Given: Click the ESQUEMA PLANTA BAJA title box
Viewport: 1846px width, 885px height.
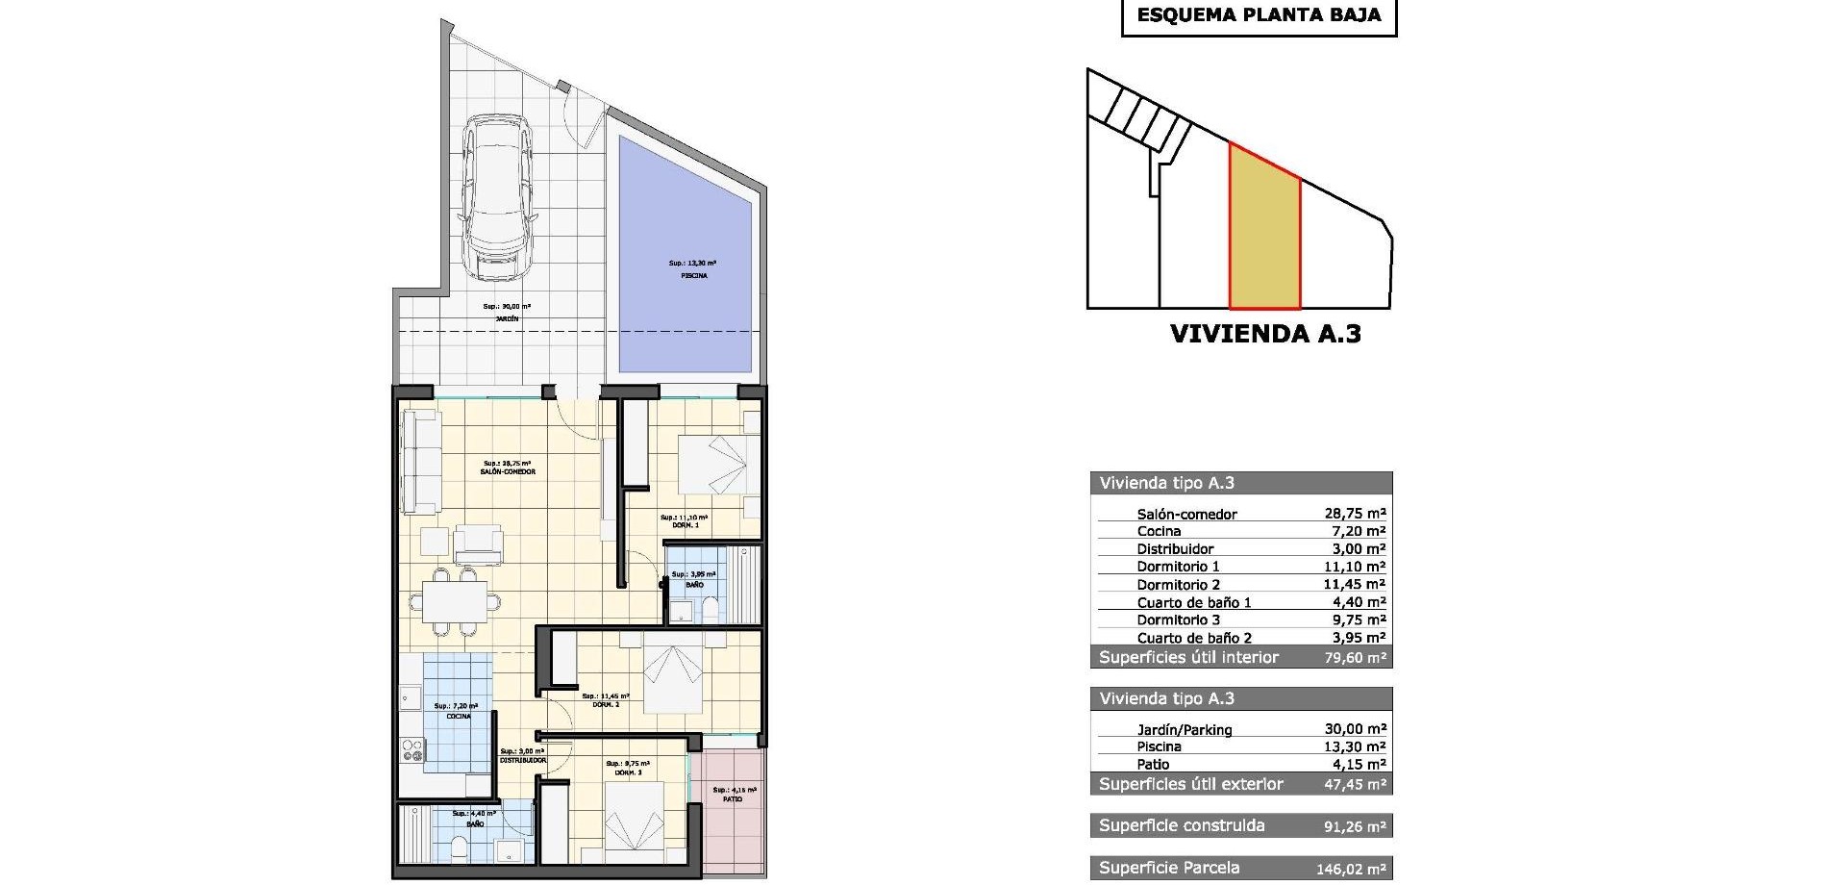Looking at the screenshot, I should click(1259, 15).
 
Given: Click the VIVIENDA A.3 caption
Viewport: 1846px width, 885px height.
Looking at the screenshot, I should click(1264, 334).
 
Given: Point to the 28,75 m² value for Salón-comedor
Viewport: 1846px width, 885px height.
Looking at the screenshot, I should click(1355, 514).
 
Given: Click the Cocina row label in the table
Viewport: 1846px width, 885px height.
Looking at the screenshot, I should click(1159, 531).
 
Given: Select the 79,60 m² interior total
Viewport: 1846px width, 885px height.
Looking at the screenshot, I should click(1355, 658).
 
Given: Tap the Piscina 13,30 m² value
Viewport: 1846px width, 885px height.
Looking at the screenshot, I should click(1355, 746).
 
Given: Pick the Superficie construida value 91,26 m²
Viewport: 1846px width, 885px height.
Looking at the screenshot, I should click(1355, 826).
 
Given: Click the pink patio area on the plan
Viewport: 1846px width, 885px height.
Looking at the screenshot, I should click(733, 808).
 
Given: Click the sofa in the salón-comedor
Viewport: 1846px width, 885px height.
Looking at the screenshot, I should click(421, 462).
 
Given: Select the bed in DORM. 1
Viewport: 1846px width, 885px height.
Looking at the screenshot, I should click(712, 467).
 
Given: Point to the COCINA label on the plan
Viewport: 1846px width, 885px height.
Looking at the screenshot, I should click(459, 717).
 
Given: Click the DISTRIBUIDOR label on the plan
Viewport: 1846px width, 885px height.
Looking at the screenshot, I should click(523, 760).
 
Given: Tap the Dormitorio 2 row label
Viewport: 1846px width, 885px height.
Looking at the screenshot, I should click(1178, 585).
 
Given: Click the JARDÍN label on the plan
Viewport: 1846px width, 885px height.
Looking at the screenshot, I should click(507, 318).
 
